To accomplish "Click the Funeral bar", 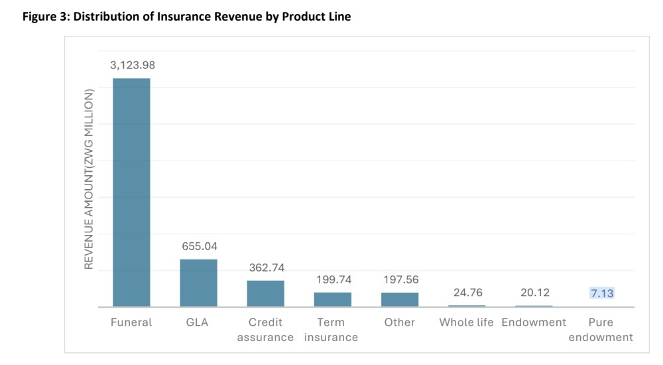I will coord(131,192).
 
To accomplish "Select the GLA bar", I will coord(198,283).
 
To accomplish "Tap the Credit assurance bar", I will coord(265,293).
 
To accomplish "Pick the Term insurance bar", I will coord(332,299).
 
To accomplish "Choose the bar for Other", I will coord(399,299).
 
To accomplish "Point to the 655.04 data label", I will coord(200,246).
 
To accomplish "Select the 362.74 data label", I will coord(266,267).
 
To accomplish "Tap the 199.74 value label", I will coord(333,279).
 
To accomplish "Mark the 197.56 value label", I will coord(400,279).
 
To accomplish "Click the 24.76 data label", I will coord(467,293).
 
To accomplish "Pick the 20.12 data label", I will coord(534,293).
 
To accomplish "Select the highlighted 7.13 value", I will coord(601,293).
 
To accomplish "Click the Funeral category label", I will coord(131,323).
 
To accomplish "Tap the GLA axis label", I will coord(198,323).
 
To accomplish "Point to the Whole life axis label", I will coord(467,323).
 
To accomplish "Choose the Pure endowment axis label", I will coord(601,330).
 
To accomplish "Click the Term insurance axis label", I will coord(331,330).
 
